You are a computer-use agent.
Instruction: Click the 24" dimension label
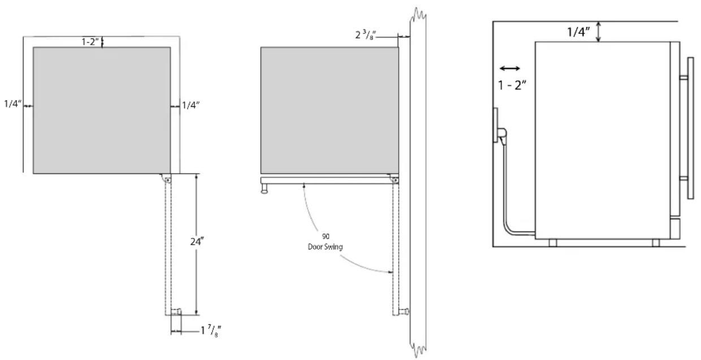pos(197,241)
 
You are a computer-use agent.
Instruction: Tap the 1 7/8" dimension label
pos(211,331)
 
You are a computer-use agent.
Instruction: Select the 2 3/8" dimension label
pos(366,34)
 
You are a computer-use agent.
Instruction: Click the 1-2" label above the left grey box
pos(90,42)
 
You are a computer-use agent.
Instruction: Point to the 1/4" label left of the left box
pos(12,103)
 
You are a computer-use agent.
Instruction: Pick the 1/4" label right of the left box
pos(191,105)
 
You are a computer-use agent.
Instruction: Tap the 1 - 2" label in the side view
pos(512,85)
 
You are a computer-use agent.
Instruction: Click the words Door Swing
pos(325,247)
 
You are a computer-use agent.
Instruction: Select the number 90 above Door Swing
pos(326,236)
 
